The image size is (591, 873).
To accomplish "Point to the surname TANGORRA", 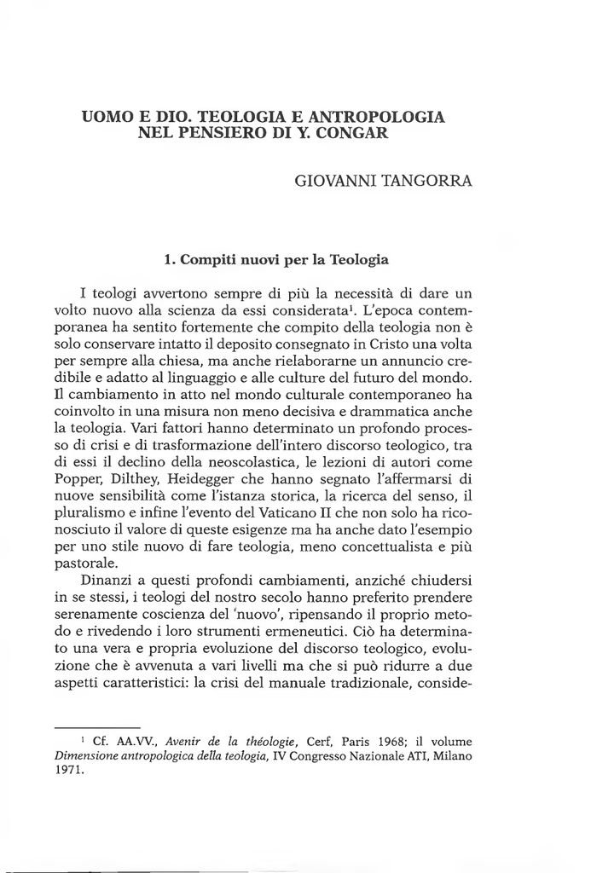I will pyautogui.click(x=424, y=182).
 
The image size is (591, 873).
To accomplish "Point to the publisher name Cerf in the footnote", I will pyautogui.click(x=318, y=740).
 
